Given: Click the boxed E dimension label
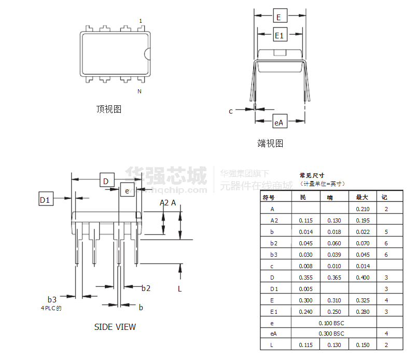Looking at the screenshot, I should click(279, 17).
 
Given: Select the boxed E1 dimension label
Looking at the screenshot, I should click(280, 35).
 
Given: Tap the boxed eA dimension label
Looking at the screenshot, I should click(279, 122).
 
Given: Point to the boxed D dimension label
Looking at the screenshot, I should click(106, 181).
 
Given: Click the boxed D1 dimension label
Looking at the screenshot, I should click(46, 199).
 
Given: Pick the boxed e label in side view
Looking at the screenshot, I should click(127, 190).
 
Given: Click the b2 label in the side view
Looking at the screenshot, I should click(146, 288).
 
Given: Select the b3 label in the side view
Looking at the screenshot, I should click(52, 299).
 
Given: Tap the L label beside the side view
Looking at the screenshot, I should click(180, 288).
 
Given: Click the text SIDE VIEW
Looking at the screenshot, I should click(115, 327).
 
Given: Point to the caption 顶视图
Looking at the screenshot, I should click(109, 109).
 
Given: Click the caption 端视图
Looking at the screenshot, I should click(270, 143).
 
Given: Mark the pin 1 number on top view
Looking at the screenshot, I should click(140, 21).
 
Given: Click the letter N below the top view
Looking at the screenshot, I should click(140, 91).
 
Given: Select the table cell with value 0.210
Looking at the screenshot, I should click(363, 209).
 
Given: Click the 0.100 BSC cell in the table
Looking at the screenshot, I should click(331, 323).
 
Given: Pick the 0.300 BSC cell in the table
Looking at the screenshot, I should click(331, 334).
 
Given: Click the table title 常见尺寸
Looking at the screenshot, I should click(311, 175).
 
